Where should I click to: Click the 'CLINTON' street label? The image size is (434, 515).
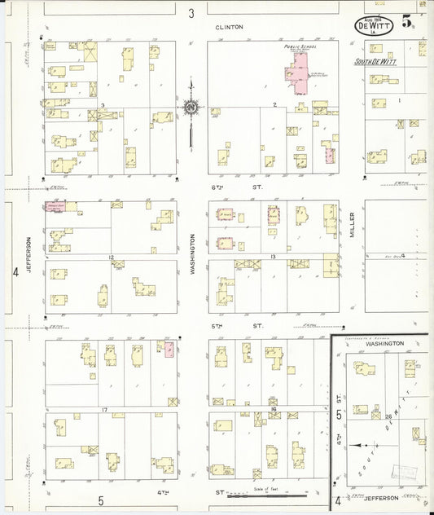coord(229,27)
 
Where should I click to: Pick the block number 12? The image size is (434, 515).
coord(110,257)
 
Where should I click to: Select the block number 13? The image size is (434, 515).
coord(274,257)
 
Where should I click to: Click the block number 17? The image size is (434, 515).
coord(104,408)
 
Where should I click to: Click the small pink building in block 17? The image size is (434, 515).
coord(169,350)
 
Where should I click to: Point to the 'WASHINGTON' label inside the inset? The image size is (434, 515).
coord(384,344)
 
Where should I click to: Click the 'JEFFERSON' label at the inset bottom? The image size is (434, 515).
coord(382,497)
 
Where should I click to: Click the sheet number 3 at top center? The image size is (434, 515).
coord(191,12)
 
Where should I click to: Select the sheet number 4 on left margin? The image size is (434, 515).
coord(15,271)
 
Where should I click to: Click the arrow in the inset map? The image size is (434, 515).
coord(364,445)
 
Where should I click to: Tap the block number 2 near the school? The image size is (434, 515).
coord(275,105)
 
